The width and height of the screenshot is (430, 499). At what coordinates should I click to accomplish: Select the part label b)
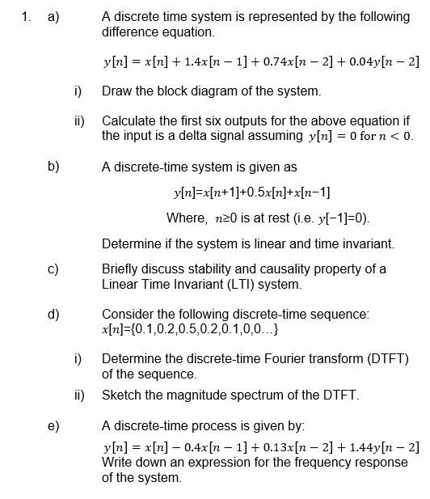coord(53,167)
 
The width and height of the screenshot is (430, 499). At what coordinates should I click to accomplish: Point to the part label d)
coord(53,314)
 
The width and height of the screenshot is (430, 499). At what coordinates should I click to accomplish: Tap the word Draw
coord(116,91)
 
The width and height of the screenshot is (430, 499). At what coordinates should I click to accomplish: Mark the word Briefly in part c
coord(122,269)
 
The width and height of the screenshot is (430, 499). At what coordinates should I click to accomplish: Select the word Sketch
coord(122,395)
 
